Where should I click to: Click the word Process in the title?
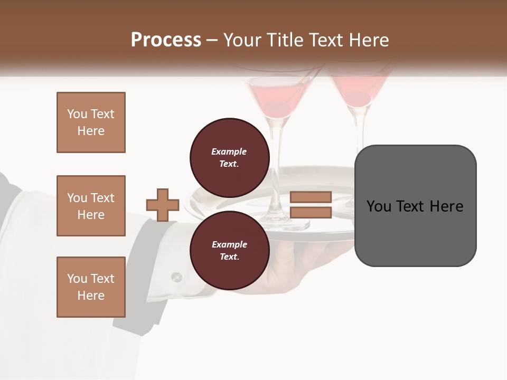pos(166,40)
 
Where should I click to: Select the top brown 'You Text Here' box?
pos(91,122)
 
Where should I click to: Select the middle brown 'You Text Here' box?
pos(91,206)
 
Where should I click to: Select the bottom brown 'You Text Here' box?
pos(91,287)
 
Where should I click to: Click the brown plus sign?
pos(163,204)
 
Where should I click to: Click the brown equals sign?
pos(311,205)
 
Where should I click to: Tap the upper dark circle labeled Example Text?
pos(229,157)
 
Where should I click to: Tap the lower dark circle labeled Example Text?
pos(229,250)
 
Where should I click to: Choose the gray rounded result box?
pos(415,206)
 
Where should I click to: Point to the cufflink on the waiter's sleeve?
pos(176,276)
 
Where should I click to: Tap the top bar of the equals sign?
pos(311,197)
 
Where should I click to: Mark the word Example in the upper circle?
pos(229,151)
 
